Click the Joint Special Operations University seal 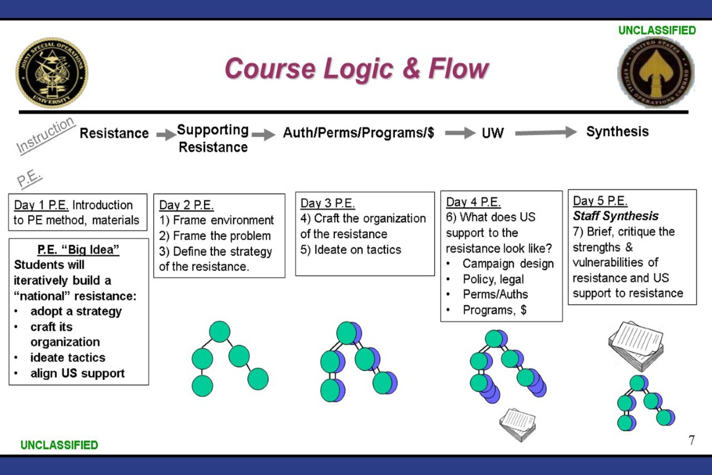tap(52, 73)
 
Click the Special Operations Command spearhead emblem tap(656, 73)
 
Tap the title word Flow tap(458, 69)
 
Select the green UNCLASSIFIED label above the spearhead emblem tap(657, 30)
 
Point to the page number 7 tap(691, 440)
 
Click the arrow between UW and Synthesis tap(545, 132)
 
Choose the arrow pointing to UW tap(460, 133)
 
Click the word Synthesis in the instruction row tap(617, 132)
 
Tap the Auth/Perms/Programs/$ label tap(358, 133)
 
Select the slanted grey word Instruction tap(45, 135)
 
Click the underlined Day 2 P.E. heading tap(186, 205)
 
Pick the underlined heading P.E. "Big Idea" tap(78, 249)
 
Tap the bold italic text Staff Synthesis tap(616, 216)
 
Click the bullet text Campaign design tap(508, 263)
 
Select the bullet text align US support tap(77, 373)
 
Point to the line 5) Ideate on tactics tap(350, 249)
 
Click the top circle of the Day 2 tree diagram tap(220, 332)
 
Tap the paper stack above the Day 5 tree tap(636, 346)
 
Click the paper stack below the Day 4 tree tap(518, 424)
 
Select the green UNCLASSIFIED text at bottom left tap(59, 445)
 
